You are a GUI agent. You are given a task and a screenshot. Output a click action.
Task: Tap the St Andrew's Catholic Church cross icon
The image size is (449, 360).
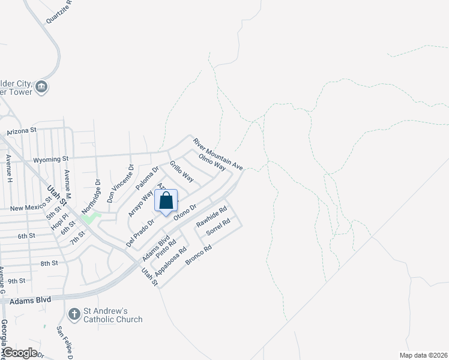click(x=74, y=314)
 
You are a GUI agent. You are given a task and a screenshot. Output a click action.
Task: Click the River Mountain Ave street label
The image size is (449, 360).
click(x=217, y=153)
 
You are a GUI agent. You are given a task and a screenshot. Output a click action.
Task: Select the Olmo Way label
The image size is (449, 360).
click(x=211, y=161)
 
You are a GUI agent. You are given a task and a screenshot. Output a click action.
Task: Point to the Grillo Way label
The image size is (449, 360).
click(x=181, y=172)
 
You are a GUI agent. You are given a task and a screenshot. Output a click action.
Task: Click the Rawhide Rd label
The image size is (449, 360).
click(x=211, y=217)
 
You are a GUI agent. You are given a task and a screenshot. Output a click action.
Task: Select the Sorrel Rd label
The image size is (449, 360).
click(x=218, y=227)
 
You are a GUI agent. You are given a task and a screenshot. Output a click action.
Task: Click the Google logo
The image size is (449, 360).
click(x=20, y=353)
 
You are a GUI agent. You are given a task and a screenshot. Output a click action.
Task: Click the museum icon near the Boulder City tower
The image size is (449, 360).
click(x=42, y=88)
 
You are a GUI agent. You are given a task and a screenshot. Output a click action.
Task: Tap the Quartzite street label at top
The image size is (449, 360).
click(x=59, y=11)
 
